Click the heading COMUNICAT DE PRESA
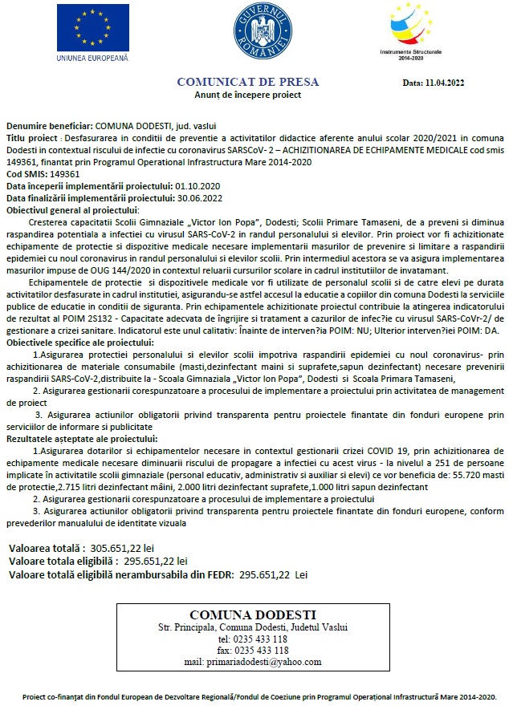click(247, 82)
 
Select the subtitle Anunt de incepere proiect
click(247, 95)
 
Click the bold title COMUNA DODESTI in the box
click(253, 615)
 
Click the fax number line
click(253, 650)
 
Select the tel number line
click(253, 639)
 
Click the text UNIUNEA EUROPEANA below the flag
click(92, 59)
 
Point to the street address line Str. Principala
click(253, 627)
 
